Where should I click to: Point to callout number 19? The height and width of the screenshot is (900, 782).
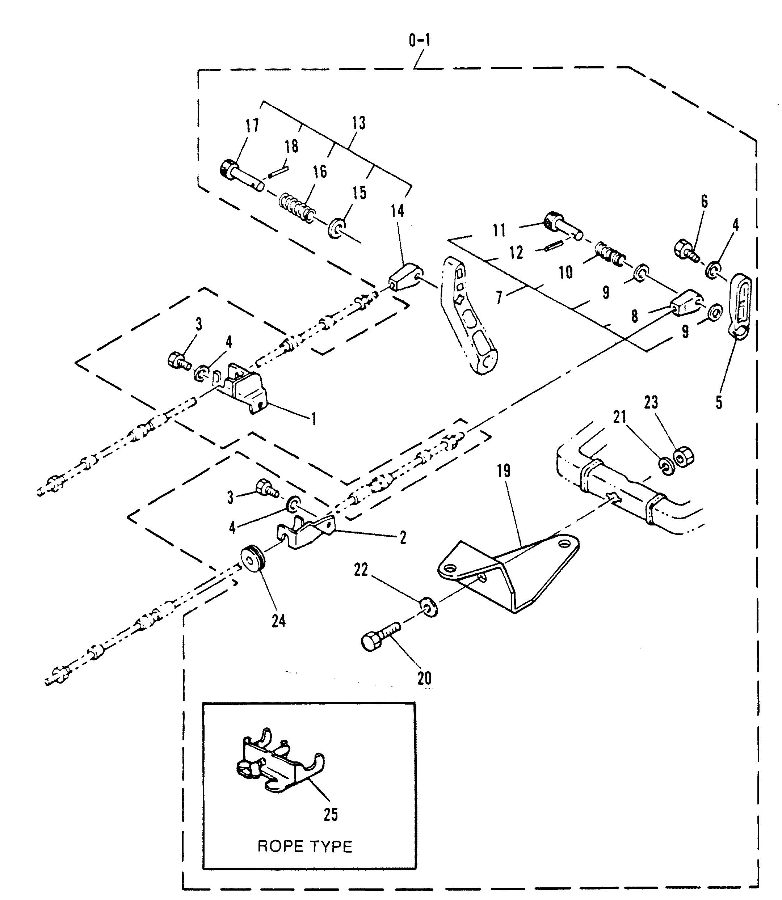503,471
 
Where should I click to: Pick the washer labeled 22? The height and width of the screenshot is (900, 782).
428,607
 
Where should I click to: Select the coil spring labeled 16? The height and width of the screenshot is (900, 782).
295,208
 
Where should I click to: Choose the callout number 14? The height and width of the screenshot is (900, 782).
397,212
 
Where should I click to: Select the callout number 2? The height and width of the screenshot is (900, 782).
403,537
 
